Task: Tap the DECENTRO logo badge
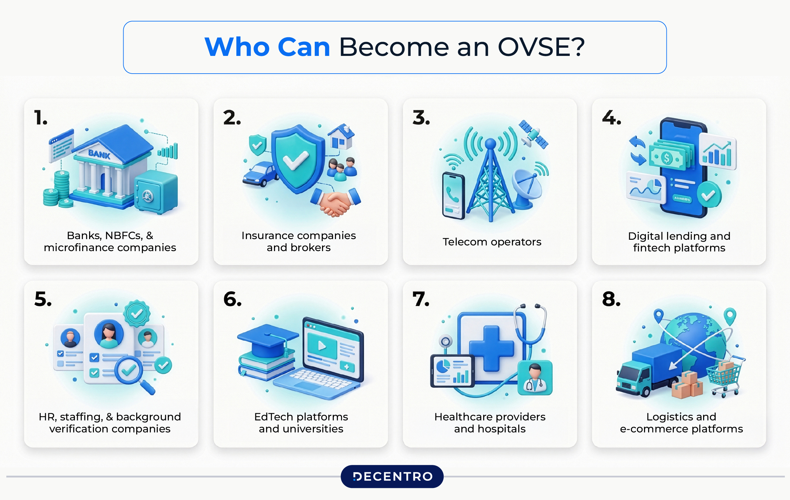click(x=392, y=476)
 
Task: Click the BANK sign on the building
click(x=99, y=154)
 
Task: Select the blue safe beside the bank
click(x=156, y=193)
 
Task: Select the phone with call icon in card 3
click(x=453, y=196)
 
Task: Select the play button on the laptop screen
click(x=322, y=346)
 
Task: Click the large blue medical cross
click(x=491, y=348)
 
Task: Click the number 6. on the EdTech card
click(x=232, y=300)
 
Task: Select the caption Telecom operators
click(x=491, y=242)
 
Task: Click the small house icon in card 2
click(x=341, y=137)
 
